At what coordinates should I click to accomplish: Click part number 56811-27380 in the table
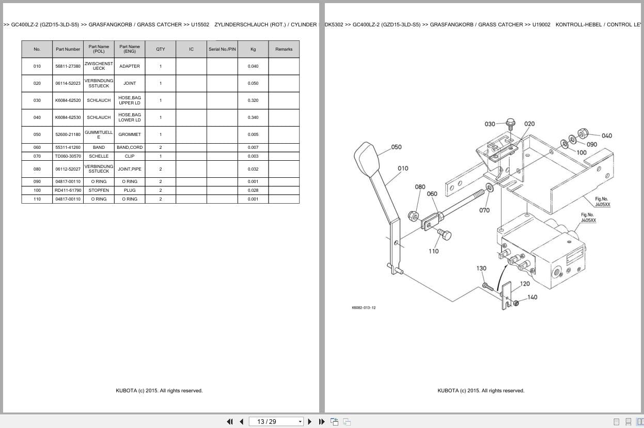[x=68, y=66]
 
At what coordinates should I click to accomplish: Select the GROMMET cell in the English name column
[x=130, y=134]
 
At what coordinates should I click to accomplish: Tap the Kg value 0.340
[x=253, y=117]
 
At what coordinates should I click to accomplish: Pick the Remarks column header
[x=284, y=49]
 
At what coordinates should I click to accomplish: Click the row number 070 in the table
[x=37, y=156]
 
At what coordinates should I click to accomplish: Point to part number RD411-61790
[x=68, y=190]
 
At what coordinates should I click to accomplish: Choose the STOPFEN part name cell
[x=99, y=190]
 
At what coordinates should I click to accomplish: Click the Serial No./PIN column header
[x=222, y=49]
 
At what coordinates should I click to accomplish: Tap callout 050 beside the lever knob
[x=396, y=147]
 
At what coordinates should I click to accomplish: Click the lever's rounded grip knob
[x=366, y=159]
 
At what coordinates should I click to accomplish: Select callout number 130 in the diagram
[x=481, y=268]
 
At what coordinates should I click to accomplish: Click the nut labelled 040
[x=583, y=133]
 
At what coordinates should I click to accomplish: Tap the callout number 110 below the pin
[x=433, y=251]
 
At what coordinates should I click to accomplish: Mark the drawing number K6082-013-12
[x=364, y=308]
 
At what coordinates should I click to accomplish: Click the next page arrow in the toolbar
[x=310, y=422]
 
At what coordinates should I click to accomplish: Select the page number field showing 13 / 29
[x=276, y=422]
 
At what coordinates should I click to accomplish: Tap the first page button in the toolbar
[x=230, y=422]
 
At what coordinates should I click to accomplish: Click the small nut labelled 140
[x=516, y=303]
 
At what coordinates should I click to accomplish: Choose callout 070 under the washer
[x=484, y=210]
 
